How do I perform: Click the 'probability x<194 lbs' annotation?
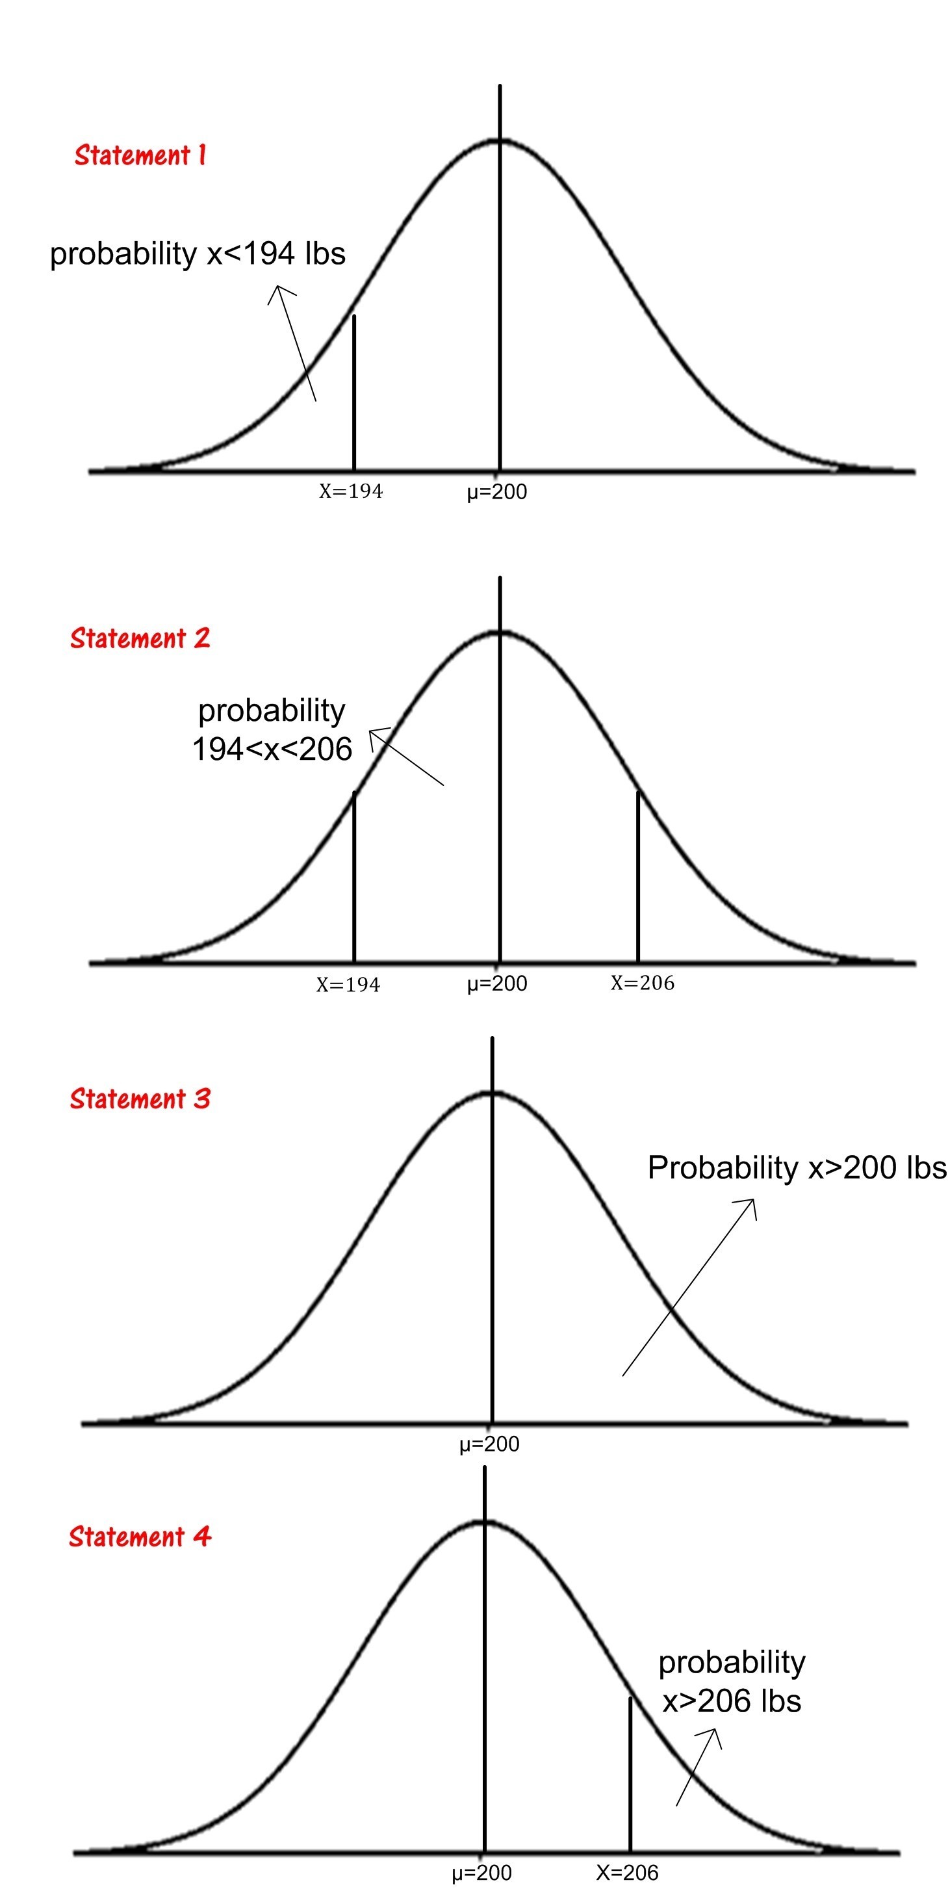[198, 254]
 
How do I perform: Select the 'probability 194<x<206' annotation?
[272, 729]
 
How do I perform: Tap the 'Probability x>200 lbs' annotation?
[796, 1167]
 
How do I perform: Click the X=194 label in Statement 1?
[350, 491]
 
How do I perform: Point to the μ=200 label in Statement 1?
[497, 492]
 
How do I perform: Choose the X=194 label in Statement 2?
[348, 984]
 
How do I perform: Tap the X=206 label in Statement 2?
[642, 983]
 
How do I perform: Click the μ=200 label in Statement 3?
[489, 1444]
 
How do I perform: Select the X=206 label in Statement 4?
[627, 1872]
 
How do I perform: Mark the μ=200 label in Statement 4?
[481, 1872]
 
